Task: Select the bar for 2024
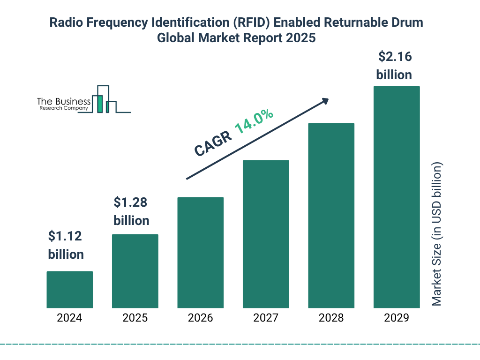click(x=69, y=289)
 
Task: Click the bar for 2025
click(x=135, y=271)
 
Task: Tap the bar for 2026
click(x=200, y=252)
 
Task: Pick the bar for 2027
click(x=266, y=234)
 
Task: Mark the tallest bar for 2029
click(x=397, y=197)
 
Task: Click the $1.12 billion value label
click(x=66, y=245)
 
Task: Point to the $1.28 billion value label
click(x=131, y=211)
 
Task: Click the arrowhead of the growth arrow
click(x=325, y=101)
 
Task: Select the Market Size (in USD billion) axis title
click(x=437, y=234)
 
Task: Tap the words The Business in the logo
click(x=64, y=101)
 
